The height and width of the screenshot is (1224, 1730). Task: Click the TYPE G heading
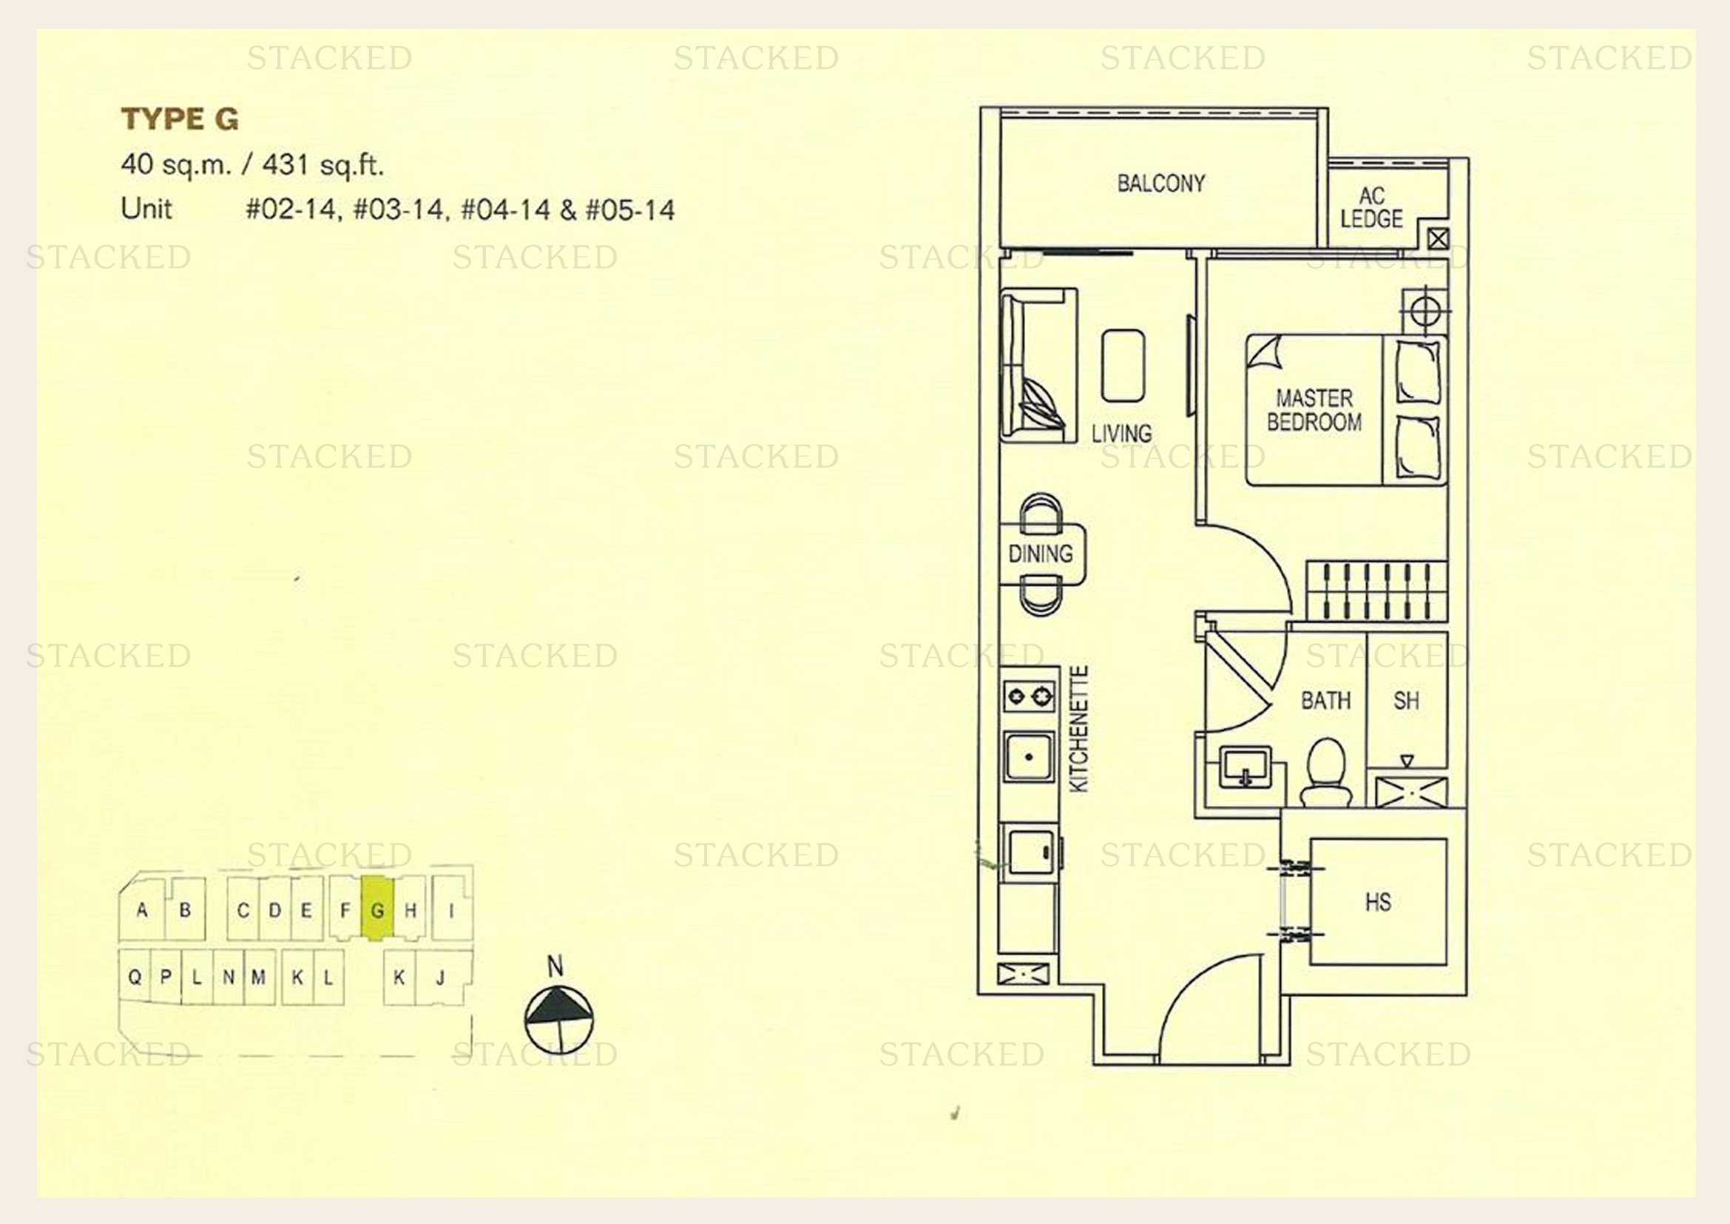tap(180, 119)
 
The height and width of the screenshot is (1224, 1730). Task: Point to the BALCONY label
tap(1161, 183)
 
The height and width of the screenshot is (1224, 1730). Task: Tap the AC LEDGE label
tap(1371, 208)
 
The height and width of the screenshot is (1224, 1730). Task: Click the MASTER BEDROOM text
tap(1314, 410)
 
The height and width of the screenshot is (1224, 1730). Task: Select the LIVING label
tap(1121, 434)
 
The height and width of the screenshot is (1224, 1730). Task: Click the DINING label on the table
tap(1041, 554)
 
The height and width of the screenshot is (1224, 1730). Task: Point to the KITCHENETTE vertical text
tap(1078, 729)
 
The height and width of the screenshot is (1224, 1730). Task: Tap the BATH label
tap(1326, 701)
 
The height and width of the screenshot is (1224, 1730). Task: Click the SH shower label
tap(1406, 701)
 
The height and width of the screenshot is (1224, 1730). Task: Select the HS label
tap(1378, 902)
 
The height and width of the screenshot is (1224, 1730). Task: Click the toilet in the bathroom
tap(1326, 772)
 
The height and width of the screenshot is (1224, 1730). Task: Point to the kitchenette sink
tap(1030, 756)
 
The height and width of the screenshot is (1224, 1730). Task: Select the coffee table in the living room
tap(1123, 366)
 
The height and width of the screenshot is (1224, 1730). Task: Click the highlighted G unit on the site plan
tap(377, 909)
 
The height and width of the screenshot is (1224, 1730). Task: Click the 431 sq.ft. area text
tap(322, 165)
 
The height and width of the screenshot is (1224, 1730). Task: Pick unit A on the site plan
tap(142, 909)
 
